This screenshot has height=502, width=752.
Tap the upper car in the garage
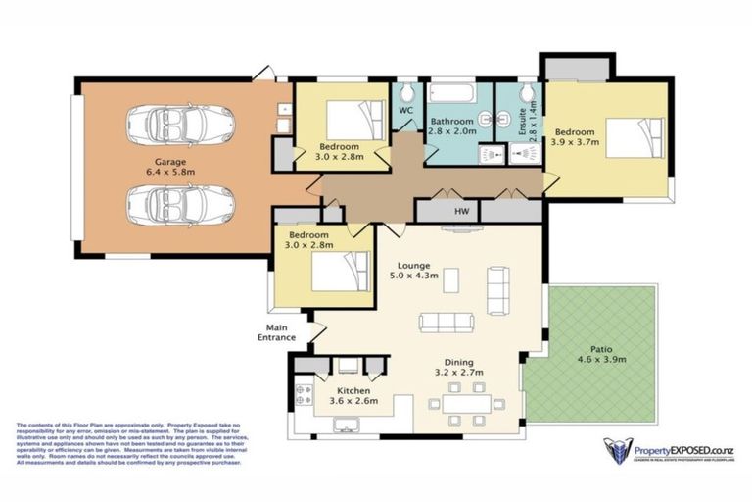(x=180, y=125)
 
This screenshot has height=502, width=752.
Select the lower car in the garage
(x=180, y=206)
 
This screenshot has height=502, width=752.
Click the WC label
(x=404, y=112)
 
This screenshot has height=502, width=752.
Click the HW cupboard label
(x=460, y=211)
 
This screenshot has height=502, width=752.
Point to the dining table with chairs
(x=465, y=402)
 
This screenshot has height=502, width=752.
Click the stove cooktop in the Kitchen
(x=303, y=394)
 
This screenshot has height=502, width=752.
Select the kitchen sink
(x=344, y=426)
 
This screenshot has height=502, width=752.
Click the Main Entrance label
(x=277, y=332)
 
